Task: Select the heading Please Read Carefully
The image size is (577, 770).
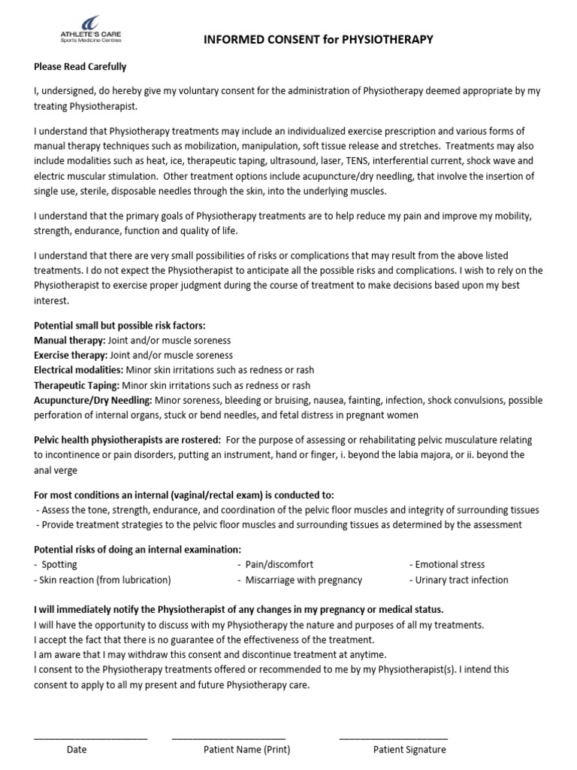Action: [80, 67]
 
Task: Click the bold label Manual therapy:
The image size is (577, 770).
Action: [70, 341]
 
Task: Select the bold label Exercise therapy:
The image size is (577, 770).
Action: [71, 355]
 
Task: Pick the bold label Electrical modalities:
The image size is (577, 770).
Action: [77, 370]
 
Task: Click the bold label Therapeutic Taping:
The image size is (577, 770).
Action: [77, 385]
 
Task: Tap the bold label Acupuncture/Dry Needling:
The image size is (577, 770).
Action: [93, 400]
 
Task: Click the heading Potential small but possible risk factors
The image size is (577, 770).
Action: [119, 326]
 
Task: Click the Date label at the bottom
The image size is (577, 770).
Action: [77, 750]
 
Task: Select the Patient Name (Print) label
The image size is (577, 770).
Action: [246, 750]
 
